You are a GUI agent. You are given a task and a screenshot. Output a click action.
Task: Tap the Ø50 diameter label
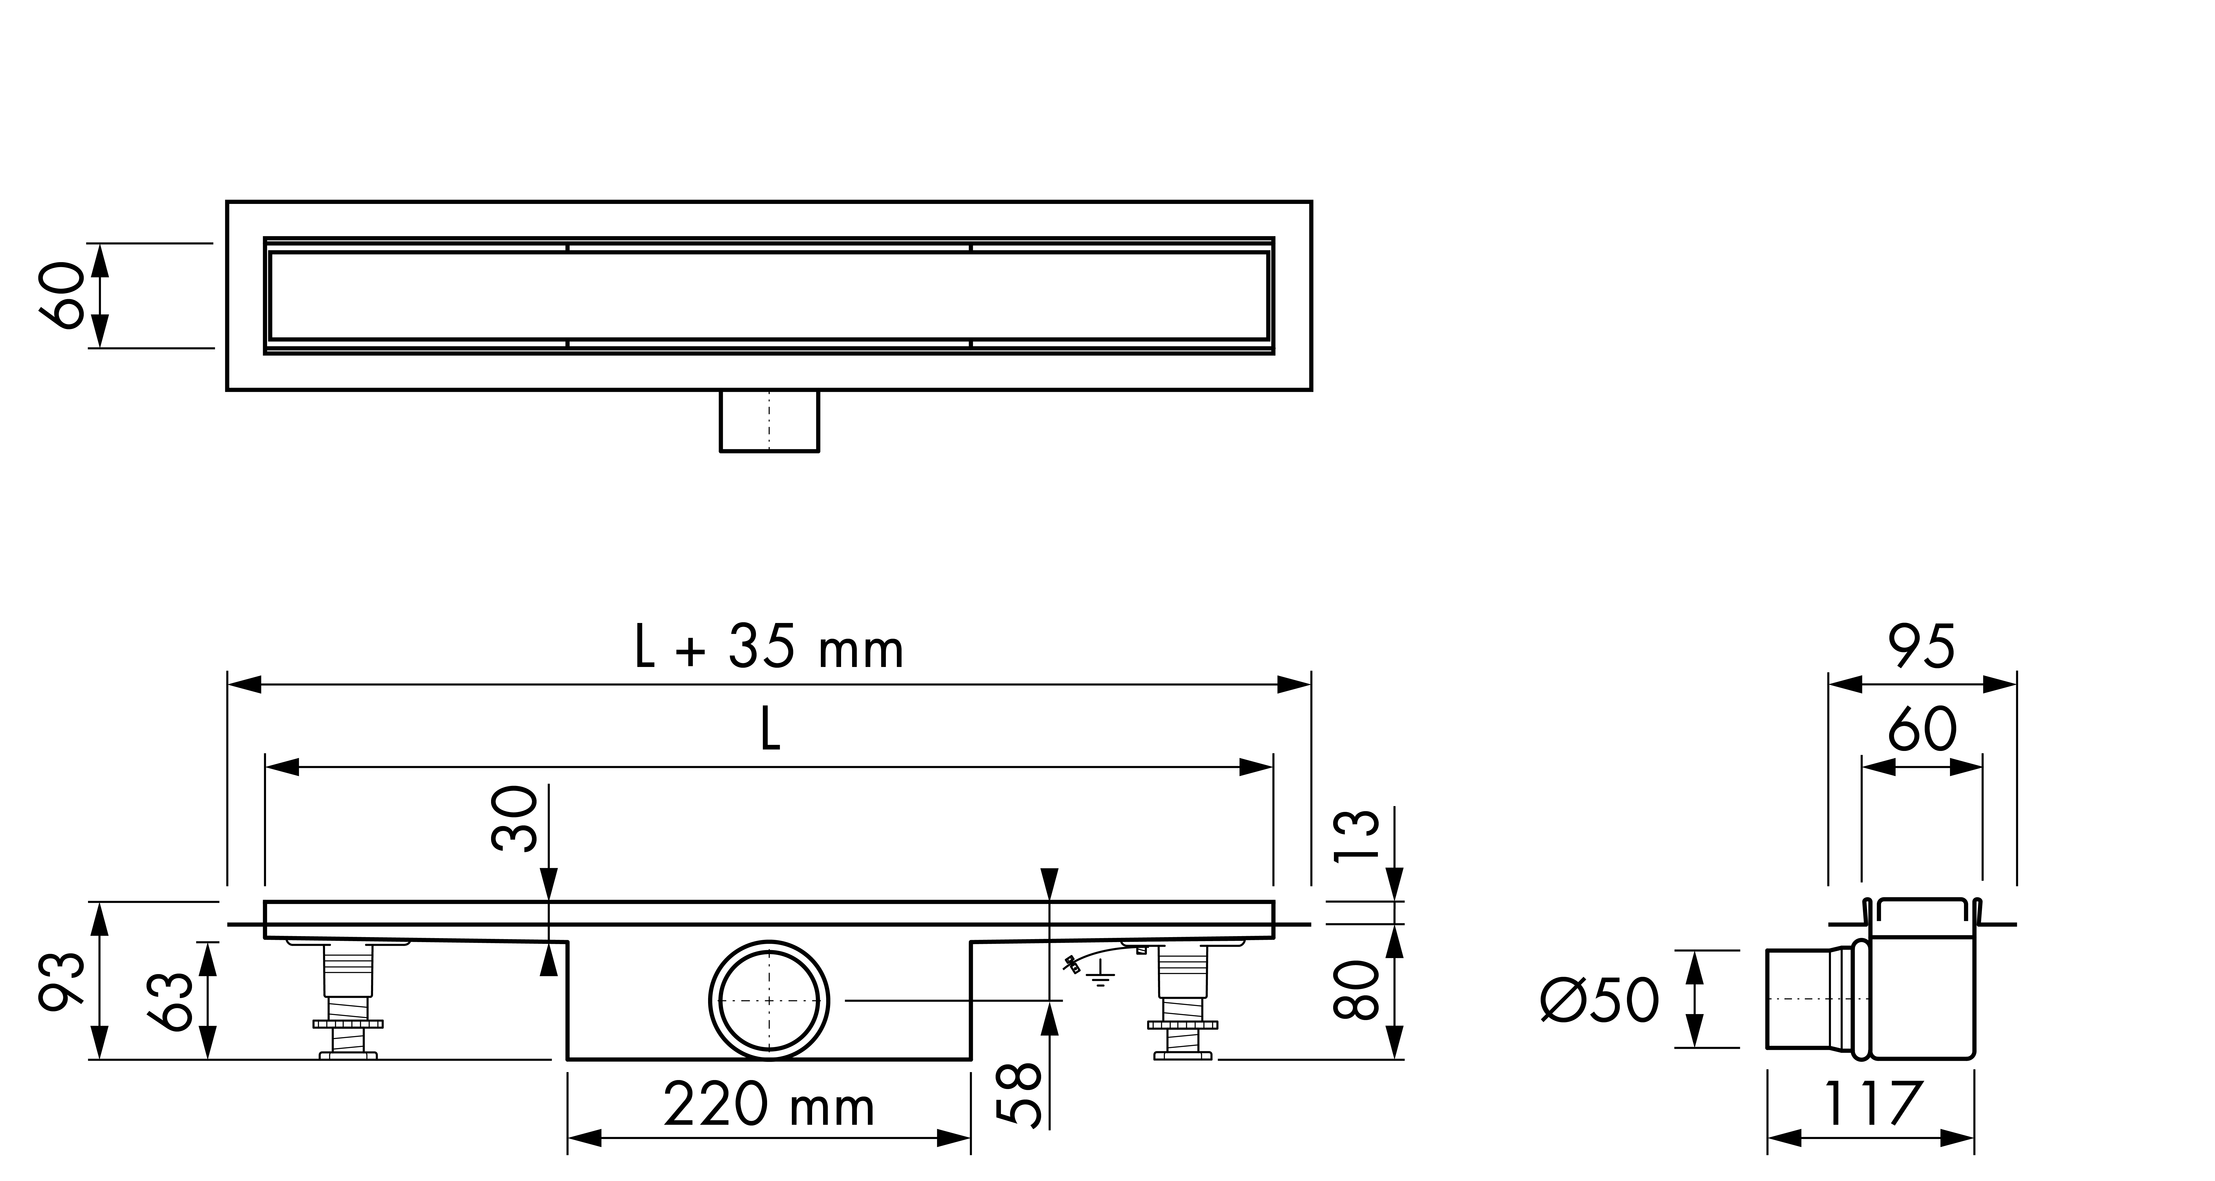(x=1599, y=1001)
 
